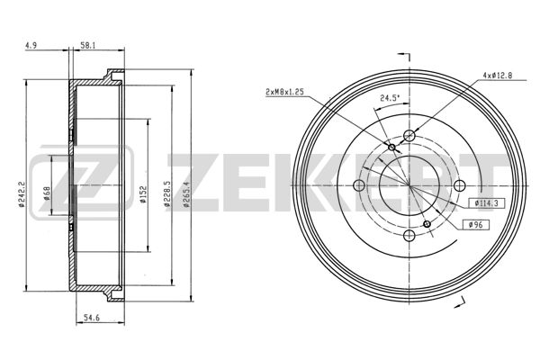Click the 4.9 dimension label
(31, 45)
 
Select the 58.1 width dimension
(88, 45)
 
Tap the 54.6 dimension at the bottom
(92, 318)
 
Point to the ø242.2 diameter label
(22, 194)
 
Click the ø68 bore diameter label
(47, 193)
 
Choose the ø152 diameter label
(144, 194)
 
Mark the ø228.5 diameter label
(167, 193)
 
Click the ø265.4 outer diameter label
(187, 194)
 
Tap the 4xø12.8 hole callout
(498, 75)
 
